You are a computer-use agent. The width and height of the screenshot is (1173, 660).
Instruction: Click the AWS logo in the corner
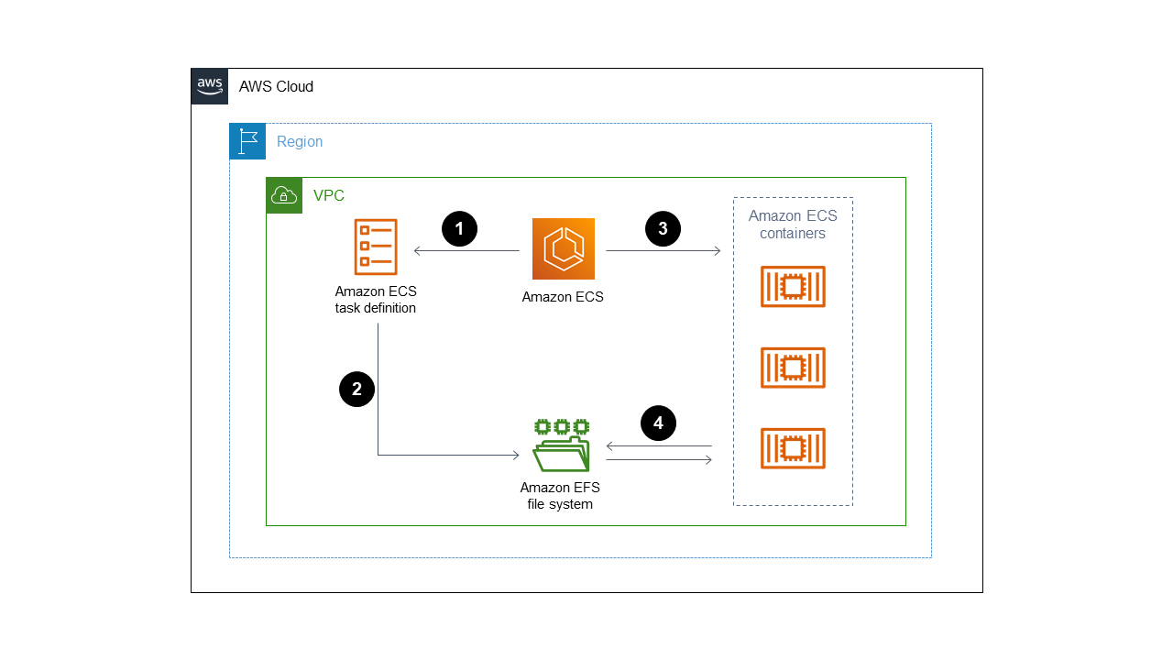click(210, 86)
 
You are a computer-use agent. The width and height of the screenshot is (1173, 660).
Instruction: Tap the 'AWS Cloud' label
click(276, 87)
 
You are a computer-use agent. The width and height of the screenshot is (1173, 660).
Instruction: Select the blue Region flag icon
click(247, 141)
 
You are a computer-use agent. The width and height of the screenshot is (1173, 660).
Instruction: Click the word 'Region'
click(300, 142)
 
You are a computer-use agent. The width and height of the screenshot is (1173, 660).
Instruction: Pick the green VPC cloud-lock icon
click(284, 195)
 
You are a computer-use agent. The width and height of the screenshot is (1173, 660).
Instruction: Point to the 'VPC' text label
click(329, 196)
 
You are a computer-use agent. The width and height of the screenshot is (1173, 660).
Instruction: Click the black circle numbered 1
click(459, 229)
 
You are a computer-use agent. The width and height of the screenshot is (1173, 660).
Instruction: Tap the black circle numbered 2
click(356, 389)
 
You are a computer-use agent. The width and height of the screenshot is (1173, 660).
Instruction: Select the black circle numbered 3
click(663, 229)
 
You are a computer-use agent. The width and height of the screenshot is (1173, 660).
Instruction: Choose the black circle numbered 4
click(658, 423)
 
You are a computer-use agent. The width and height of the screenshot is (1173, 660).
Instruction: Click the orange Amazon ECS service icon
click(563, 248)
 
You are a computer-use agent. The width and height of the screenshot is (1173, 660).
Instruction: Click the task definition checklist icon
click(376, 247)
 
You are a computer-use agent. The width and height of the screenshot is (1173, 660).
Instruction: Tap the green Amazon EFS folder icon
click(562, 445)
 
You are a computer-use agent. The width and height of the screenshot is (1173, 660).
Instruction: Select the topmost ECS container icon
click(793, 287)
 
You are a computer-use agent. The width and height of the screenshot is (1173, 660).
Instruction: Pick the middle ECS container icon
click(793, 368)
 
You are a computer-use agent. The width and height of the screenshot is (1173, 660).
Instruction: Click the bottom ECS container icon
click(793, 448)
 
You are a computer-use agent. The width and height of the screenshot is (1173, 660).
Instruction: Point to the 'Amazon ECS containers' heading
click(793, 225)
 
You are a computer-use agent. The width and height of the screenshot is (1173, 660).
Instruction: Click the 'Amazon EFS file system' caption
click(560, 496)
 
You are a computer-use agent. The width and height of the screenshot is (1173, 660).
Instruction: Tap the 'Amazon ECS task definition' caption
click(376, 300)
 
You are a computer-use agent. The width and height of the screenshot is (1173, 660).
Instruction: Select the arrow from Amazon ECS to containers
click(663, 250)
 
